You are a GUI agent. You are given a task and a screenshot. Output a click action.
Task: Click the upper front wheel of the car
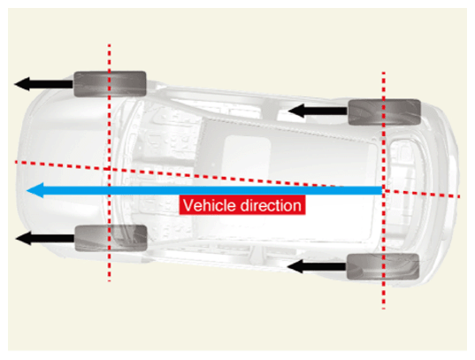(x=111, y=84)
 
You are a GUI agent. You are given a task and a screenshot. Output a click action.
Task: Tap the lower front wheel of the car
(x=111, y=238)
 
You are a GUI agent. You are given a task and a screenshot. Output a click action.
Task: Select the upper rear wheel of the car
(x=385, y=111)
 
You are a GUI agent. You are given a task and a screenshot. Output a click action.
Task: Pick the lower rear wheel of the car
(x=383, y=266)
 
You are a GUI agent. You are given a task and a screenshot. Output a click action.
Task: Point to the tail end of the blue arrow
(x=382, y=190)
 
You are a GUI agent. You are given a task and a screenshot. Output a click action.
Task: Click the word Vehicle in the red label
(x=210, y=205)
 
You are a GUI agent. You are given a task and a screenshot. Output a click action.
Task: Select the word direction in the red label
(x=271, y=205)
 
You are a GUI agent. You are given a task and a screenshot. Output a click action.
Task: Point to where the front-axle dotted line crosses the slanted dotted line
(x=110, y=169)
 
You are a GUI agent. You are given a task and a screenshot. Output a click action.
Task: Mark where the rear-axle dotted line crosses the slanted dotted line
(x=384, y=190)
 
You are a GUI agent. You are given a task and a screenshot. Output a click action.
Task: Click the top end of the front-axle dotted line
(x=110, y=44)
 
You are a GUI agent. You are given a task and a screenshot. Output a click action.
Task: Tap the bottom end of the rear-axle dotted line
(x=384, y=309)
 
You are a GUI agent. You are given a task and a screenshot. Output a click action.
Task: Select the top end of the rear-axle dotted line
(x=384, y=73)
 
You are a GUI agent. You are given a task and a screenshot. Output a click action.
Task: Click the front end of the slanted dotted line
(x=16, y=163)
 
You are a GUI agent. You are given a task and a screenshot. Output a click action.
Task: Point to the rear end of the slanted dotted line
(x=460, y=196)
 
